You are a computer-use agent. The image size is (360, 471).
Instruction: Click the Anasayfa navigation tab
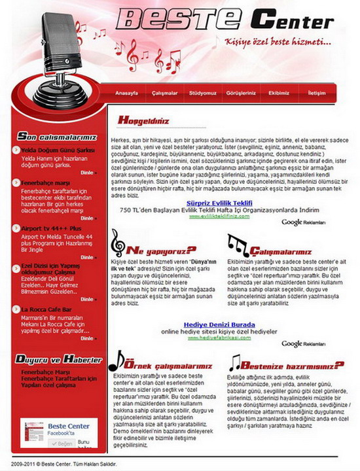click(126, 94)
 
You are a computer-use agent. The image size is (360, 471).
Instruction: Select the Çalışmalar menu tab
click(165, 94)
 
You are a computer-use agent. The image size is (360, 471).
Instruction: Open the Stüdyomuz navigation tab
click(203, 94)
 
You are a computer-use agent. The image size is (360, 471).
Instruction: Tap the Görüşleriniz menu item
click(241, 94)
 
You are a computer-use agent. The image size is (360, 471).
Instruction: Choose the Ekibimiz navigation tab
click(279, 94)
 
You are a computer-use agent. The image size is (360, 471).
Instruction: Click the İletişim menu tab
click(317, 94)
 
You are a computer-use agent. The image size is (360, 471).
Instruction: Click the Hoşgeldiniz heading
click(143, 120)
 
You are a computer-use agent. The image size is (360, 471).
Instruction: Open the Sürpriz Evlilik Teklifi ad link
click(219, 203)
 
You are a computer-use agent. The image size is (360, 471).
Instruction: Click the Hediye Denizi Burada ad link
click(219, 324)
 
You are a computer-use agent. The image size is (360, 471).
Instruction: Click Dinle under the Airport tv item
click(88, 257)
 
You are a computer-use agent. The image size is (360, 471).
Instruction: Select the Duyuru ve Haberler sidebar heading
click(59, 359)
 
